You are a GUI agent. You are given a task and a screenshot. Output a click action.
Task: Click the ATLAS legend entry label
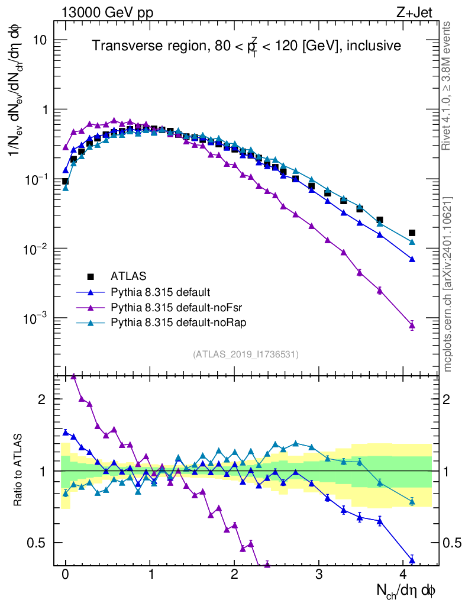pyautogui.click(x=128, y=276)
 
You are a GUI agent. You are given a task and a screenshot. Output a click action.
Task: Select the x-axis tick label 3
pyautogui.click(x=319, y=575)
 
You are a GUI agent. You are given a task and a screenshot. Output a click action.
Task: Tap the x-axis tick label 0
pyautogui.click(x=65, y=575)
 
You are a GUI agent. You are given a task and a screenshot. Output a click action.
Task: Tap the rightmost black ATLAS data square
pyautogui.click(x=412, y=233)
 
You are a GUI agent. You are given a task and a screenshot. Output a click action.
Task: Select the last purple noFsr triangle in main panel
pyautogui.click(x=412, y=325)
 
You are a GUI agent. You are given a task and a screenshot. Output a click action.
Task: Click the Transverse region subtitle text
pyautogui.click(x=246, y=46)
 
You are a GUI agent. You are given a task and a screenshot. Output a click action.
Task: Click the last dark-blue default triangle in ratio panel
pyautogui.click(x=412, y=560)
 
